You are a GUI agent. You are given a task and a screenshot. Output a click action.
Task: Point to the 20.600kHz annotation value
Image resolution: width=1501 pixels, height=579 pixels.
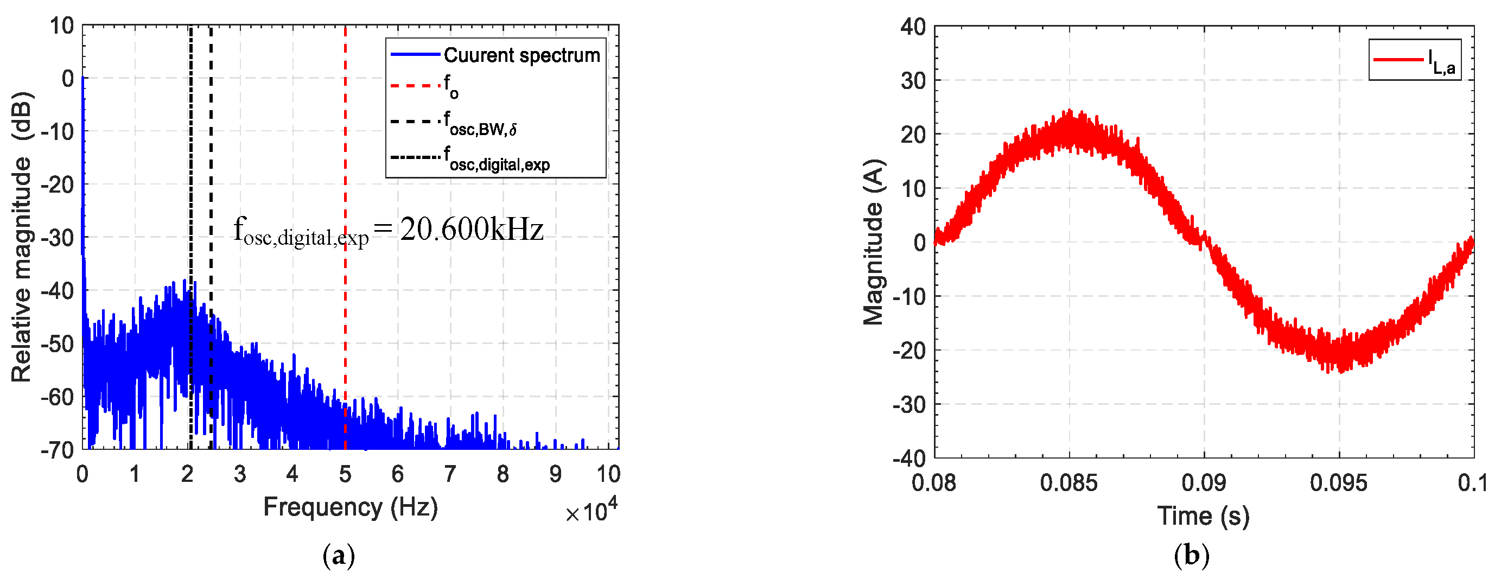472,230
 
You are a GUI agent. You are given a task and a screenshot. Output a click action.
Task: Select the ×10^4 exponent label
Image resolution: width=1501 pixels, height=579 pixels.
591,511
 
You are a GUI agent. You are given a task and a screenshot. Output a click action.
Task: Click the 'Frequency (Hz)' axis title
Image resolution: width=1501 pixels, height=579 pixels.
350,507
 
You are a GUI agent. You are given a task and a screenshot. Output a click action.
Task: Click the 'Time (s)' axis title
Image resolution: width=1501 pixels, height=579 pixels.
1203,516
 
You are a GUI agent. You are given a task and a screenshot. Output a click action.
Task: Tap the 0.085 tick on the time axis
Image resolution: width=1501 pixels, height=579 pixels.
1068,483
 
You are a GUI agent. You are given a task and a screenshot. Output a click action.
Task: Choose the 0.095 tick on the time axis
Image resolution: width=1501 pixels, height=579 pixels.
1338,483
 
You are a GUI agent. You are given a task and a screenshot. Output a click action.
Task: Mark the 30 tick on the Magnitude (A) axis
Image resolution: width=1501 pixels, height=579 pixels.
913,80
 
